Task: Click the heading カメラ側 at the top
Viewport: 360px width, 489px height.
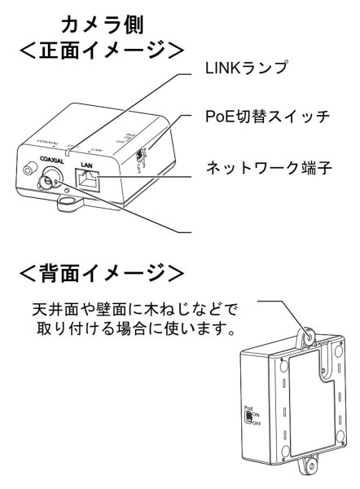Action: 103,24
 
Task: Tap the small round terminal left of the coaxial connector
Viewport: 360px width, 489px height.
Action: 31,170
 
